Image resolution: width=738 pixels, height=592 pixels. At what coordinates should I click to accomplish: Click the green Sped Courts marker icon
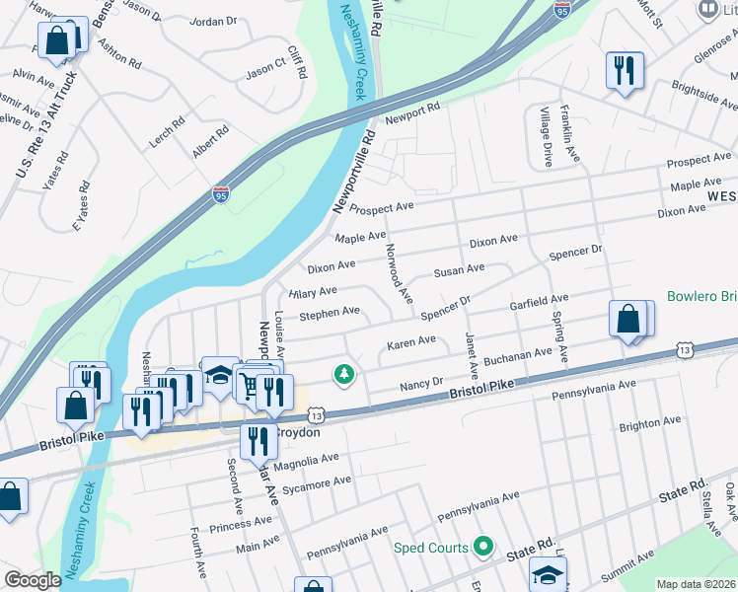pyautogui.click(x=482, y=546)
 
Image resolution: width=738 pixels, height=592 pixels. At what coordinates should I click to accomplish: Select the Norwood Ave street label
pyautogui.click(x=399, y=271)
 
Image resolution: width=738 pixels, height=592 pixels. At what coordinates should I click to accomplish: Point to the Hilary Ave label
pyautogui.click(x=313, y=292)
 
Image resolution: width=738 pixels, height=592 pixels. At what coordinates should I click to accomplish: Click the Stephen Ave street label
pyautogui.click(x=330, y=312)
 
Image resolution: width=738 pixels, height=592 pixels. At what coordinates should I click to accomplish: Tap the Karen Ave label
pyautogui.click(x=410, y=342)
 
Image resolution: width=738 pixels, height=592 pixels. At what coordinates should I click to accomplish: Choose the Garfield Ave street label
pyautogui.click(x=539, y=301)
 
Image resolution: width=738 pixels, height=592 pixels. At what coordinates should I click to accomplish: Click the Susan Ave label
pyautogui.click(x=460, y=269)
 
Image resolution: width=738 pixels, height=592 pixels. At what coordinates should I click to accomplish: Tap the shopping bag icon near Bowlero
pyautogui.click(x=628, y=320)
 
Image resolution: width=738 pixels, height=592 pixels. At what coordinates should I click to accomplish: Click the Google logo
pyautogui.click(x=33, y=580)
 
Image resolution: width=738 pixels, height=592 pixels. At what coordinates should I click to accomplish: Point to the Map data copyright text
pyautogui.click(x=696, y=584)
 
